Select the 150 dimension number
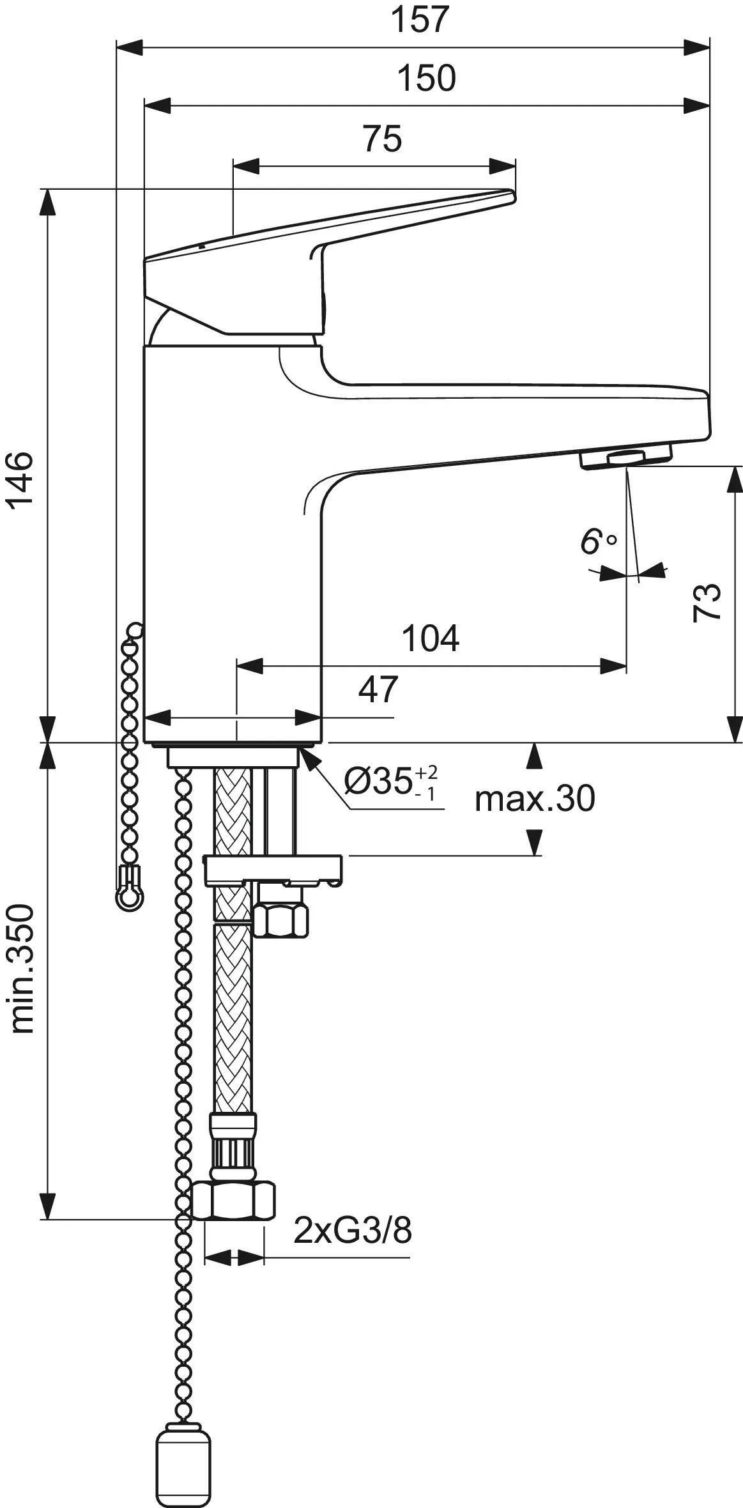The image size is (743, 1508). [426, 78]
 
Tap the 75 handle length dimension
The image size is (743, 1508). [382, 139]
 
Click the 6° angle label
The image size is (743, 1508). [597, 541]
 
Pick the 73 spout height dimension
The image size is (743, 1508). [707, 602]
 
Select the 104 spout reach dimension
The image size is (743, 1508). [430, 638]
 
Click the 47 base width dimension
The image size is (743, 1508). [378, 689]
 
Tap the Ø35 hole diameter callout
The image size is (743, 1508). [390, 781]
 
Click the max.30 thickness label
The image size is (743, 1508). [534, 798]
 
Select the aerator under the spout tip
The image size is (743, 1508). [626, 458]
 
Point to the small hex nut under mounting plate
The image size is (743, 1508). [281, 919]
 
